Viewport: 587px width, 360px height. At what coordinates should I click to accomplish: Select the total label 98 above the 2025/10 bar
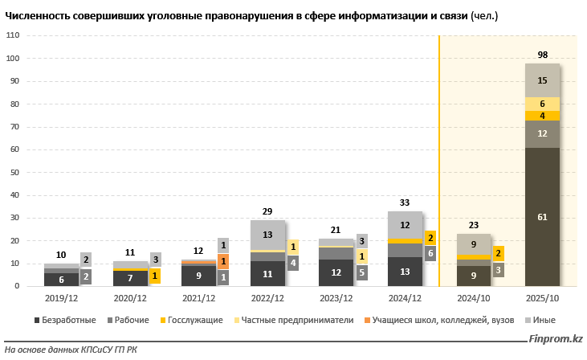click(542, 54)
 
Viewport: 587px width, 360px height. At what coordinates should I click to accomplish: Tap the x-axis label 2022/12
click(267, 299)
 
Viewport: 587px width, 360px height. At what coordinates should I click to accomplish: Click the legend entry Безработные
click(68, 320)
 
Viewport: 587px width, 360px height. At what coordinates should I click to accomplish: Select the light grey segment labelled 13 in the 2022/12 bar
click(267, 235)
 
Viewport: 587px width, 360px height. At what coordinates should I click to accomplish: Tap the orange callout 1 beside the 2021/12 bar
click(223, 261)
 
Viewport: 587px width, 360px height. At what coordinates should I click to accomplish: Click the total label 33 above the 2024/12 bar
click(405, 202)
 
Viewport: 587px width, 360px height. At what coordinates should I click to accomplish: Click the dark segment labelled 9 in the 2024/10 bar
click(474, 276)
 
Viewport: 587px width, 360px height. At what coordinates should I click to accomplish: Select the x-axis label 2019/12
click(62, 299)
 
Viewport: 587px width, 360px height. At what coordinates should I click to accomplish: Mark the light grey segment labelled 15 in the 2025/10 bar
click(542, 80)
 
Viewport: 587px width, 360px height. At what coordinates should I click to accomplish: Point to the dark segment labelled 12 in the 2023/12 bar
click(336, 272)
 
